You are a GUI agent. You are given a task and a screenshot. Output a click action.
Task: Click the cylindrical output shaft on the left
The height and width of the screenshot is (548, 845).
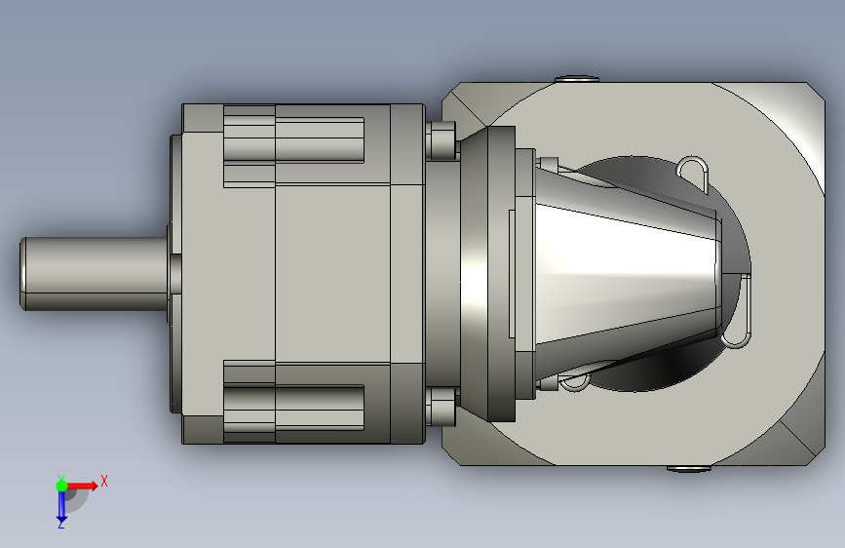(95, 273)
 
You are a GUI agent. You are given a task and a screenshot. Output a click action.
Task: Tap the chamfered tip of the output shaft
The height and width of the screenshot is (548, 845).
(22, 273)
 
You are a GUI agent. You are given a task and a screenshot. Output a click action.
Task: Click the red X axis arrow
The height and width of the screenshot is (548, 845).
(81, 486)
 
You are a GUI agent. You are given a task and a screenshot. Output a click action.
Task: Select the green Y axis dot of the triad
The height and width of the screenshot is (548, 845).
(61, 486)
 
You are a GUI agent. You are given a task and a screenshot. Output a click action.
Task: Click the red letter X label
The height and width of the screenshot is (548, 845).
(104, 481)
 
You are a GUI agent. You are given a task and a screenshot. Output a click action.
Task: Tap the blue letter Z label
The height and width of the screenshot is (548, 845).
(60, 525)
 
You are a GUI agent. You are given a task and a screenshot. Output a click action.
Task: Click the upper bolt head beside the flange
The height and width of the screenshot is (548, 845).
(442, 140)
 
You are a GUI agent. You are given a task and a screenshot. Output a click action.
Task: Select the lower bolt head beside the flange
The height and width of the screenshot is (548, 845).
(442, 407)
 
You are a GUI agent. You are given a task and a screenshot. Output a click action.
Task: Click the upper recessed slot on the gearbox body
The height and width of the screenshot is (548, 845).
(293, 139)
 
